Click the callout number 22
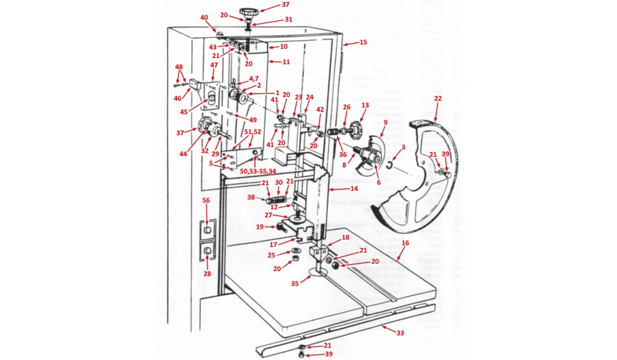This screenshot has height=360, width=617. tap(438, 98)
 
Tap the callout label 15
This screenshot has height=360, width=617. tap(363, 42)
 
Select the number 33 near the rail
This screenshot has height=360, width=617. tap(400, 333)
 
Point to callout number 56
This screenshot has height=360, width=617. tap(206, 200)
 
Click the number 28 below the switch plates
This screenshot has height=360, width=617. tap(207, 274)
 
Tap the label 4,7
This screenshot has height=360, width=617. tap(254, 79)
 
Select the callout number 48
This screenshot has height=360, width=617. tap(179, 67)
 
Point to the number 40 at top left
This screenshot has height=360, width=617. tap(204, 17)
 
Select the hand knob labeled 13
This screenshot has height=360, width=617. tap(356, 129)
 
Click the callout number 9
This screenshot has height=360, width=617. tap(385, 123)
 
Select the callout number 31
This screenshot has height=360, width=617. tap(288, 19)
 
